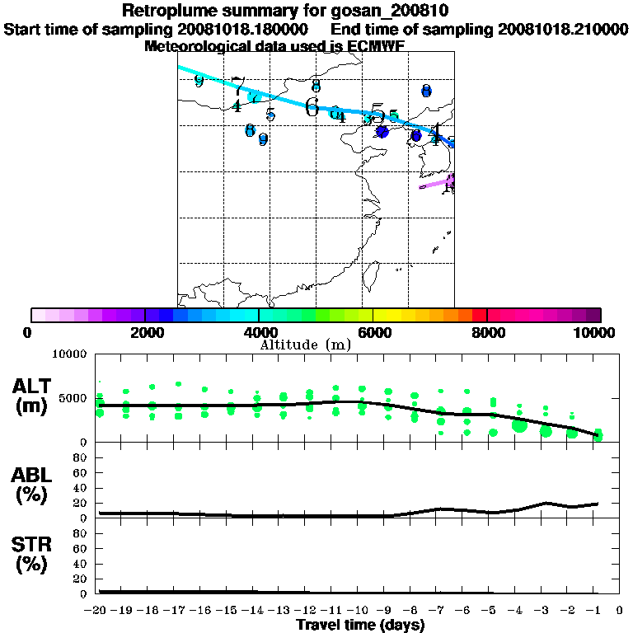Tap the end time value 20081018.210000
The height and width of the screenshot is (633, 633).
[563, 29]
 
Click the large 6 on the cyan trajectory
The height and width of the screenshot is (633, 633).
[312, 106]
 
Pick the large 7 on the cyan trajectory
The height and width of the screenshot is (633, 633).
[238, 86]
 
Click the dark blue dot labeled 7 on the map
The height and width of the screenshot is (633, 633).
[382, 131]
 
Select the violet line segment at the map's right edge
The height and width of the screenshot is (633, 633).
[437, 181]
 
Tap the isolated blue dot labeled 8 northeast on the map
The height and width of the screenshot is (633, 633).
[426, 91]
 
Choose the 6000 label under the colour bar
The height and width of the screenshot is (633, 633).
[373, 332]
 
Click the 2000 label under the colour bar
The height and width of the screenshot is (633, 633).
[144, 332]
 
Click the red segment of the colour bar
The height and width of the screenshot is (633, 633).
[479, 315]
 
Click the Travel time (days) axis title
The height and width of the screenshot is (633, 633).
[360, 626]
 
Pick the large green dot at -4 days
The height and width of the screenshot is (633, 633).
[519, 425]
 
